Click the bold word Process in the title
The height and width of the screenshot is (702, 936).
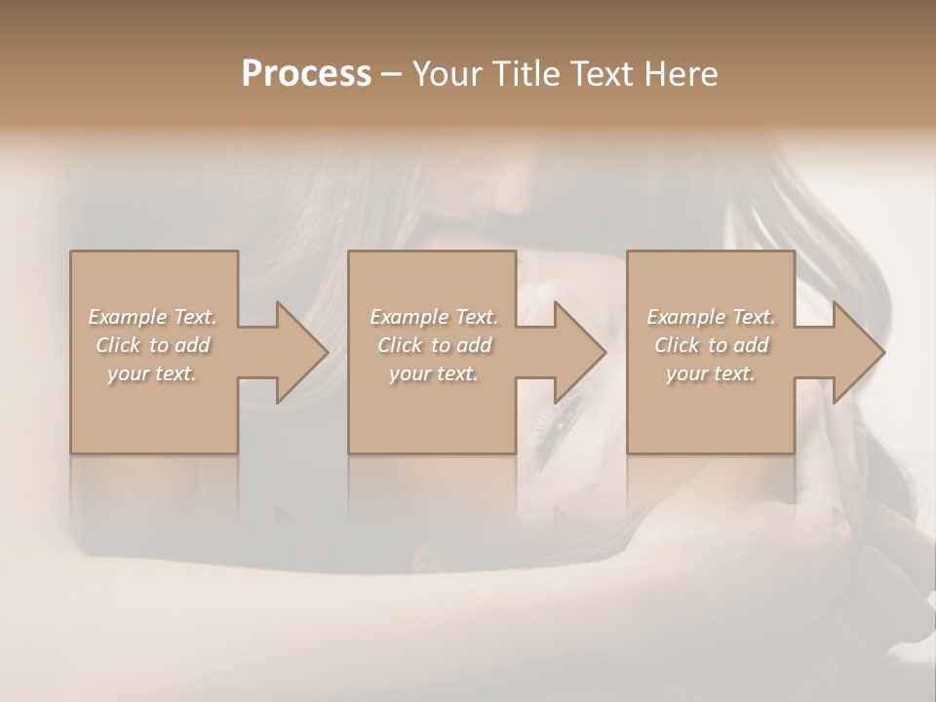coord(306,74)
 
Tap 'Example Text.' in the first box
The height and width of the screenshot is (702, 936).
coord(152,317)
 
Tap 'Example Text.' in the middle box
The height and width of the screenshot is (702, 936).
coord(434,317)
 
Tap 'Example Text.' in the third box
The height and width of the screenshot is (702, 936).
coord(711,317)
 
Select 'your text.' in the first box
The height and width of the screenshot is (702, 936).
coord(152,373)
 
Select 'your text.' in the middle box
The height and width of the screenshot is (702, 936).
coord(434,373)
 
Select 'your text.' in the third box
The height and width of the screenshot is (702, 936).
coord(711,373)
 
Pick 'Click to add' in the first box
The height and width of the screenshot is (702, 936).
coord(152,345)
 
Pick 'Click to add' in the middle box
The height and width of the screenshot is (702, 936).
coord(434,345)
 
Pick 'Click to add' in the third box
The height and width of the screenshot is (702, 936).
coord(711,345)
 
